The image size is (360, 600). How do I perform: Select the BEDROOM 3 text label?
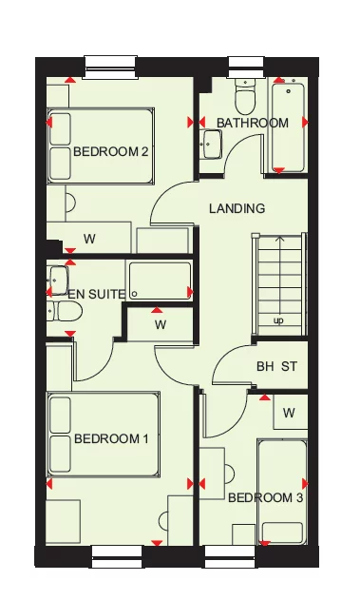265,497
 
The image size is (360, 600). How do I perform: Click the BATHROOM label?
252,123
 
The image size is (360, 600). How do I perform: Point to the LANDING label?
237,208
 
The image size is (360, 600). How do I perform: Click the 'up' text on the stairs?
277,320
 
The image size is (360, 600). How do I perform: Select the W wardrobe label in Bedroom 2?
89,239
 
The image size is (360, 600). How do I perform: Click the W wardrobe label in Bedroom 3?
289,413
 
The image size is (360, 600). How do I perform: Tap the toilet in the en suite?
67,311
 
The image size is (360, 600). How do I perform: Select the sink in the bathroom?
211,144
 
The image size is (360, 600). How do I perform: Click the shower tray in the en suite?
160,281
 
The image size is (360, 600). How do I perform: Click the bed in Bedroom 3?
282,490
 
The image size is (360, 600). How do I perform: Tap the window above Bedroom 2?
111,67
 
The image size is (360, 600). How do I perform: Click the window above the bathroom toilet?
245,67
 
